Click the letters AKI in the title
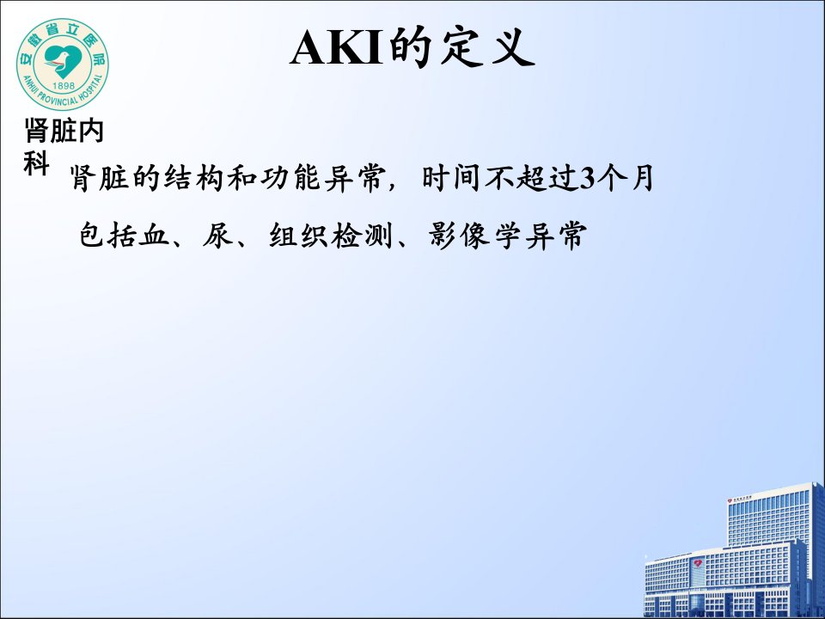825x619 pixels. click(x=336, y=48)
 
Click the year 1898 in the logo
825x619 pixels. click(x=64, y=85)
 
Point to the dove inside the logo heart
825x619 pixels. click(x=59, y=59)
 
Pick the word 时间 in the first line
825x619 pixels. click(x=451, y=178)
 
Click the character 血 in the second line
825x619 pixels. click(x=154, y=235)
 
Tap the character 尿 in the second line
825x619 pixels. click(x=217, y=235)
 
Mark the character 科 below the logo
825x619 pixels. click(x=36, y=163)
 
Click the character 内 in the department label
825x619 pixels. click(x=90, y=131)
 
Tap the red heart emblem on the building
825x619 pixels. click(x=698, y=564)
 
